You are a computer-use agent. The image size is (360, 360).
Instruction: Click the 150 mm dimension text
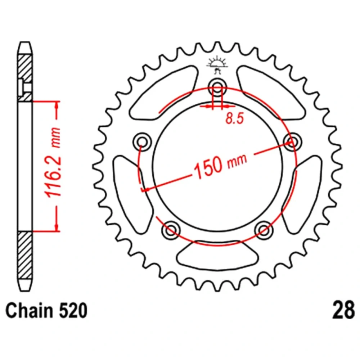pyautogui.click(x=220, y=165)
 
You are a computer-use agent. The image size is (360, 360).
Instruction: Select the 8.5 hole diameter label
pyautogui.click(x=234, y=119)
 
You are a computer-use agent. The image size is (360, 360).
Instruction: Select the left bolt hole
pyautogui.click(x=142, y=141)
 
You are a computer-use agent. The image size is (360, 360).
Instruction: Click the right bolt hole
pyautogui.click(x=292, y=141)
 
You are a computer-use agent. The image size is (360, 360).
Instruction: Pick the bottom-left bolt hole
pyautogui.click(x=171, y=230)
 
